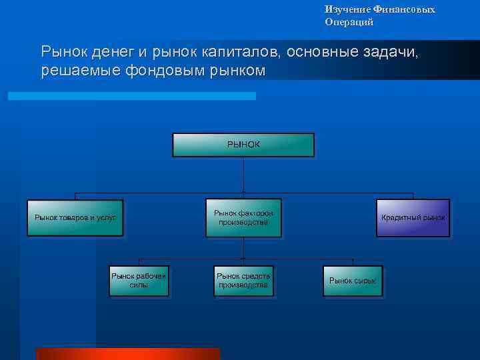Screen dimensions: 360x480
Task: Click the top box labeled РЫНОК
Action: (x=243, y=145)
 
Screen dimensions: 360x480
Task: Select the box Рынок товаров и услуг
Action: (x=75, y=217)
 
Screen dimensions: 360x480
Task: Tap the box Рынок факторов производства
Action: (x=243, y=217)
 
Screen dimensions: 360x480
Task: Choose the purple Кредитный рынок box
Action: (x=413, y=217)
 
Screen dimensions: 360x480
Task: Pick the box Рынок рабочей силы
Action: (x=139, y=280)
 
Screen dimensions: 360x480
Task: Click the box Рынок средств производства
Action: (x=243, y=280)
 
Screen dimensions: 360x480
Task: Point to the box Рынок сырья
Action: (x=353, y=280)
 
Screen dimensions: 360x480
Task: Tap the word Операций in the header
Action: (x=349, y=22)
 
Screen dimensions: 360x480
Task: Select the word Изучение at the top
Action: (x=345, y=9)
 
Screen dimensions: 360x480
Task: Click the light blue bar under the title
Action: (x=131, y=96)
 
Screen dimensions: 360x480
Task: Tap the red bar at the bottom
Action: (x=127, y=353)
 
